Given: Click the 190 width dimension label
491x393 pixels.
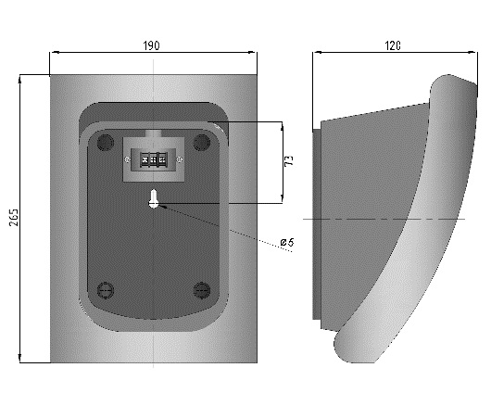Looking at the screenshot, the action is coord(151,45).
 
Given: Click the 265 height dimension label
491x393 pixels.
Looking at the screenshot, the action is coord(14,217).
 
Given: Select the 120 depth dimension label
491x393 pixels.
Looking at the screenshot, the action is coord(393,45).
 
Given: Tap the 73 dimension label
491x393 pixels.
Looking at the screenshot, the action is coord(290,160).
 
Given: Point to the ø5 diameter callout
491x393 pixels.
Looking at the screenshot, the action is coord(287,242).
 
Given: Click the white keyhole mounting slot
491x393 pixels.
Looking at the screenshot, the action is coord(154,199).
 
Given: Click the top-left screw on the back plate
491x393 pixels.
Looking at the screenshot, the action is coord(106,142).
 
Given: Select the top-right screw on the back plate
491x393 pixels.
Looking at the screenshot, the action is coord(202,142).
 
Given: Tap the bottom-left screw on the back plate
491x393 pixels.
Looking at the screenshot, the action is coord(106,290).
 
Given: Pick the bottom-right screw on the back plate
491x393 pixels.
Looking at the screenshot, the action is coord(202,290).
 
